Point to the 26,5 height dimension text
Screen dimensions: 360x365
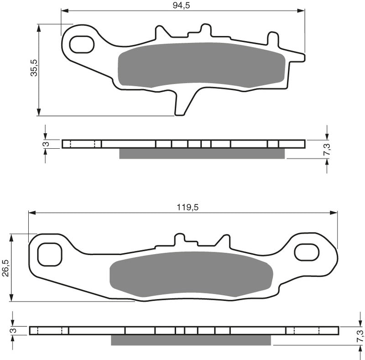5,268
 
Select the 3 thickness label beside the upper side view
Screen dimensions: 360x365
45,144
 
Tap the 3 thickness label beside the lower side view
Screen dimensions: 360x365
14,331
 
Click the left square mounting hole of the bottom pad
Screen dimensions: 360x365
49,254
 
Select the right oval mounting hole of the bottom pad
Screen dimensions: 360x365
307,252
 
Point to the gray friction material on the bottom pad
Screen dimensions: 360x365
192,274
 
